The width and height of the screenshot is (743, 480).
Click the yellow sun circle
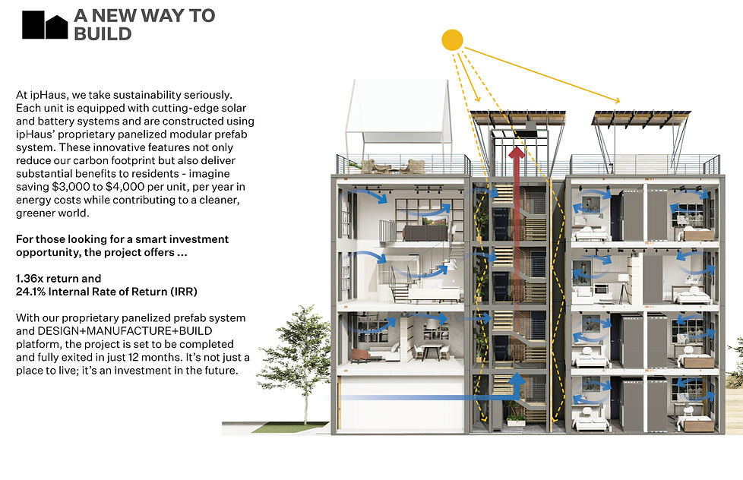click(x=452, y=39)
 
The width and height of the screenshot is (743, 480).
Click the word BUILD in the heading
click(x=103, y=33)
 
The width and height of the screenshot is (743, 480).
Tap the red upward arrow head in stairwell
click(x=517, y=154)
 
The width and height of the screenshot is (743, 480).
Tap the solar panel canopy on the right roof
click(x=643, y=117)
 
